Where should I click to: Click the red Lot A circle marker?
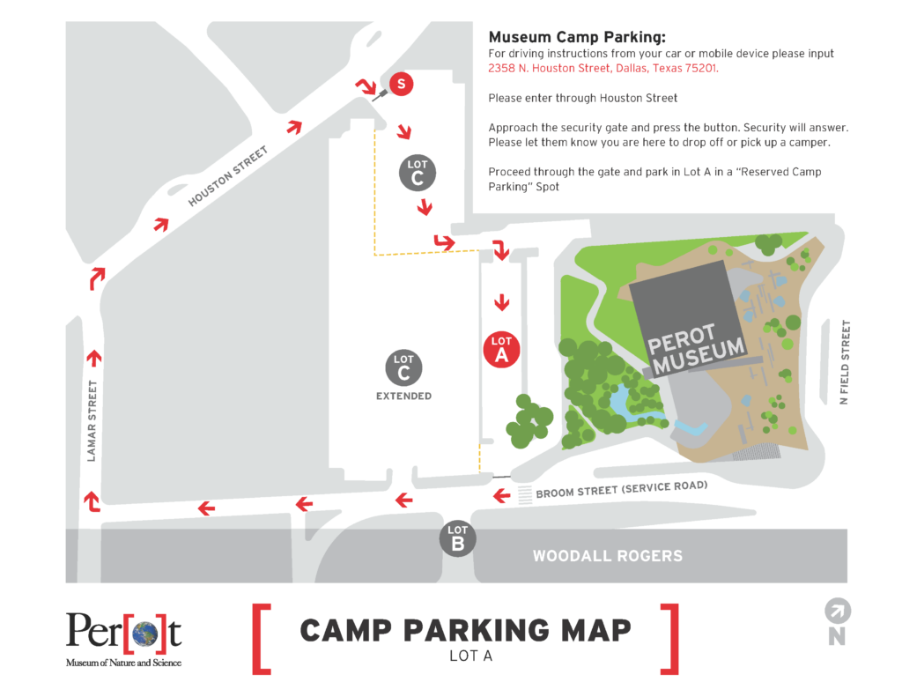coord(501,348)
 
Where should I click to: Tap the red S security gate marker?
coord(401,85)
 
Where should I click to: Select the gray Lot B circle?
coord(457,538)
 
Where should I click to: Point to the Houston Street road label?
coord(227,176)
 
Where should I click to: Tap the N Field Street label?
coord(846,362)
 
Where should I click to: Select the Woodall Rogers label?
coord(607,556)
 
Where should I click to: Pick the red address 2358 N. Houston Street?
coord(603,69)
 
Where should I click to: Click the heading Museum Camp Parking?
coord(577,37)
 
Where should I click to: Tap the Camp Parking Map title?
coord(465,630)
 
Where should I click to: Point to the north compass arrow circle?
coord(836,611)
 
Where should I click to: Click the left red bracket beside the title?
coord(261,639)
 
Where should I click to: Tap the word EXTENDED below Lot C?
coord(403,397)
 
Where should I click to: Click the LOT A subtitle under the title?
coord(465,655)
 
